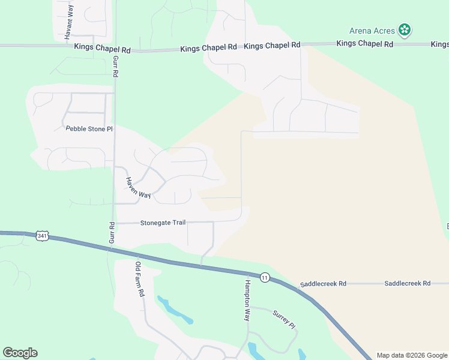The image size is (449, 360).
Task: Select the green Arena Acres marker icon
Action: [x=406, y=29]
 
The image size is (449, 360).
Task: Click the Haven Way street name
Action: [x=137, y=187]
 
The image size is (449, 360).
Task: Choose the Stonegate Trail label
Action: [x=163, y=223]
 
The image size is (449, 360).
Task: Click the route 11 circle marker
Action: [x=264, y=277]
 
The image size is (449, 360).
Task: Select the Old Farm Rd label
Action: [x=140, y=280]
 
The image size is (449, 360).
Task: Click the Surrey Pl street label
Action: [x=285, y=319]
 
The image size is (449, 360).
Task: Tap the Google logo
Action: [x=20, y=353]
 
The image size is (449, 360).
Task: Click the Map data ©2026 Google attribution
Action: [x=411, y=355]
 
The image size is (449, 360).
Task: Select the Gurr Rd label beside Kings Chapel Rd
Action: [x=114, y=65]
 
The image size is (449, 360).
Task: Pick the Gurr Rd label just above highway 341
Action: [x=112, y=233]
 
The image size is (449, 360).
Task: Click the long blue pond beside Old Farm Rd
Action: [x=174, y=310]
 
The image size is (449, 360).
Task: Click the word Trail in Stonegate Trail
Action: [x=177, y=223]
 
